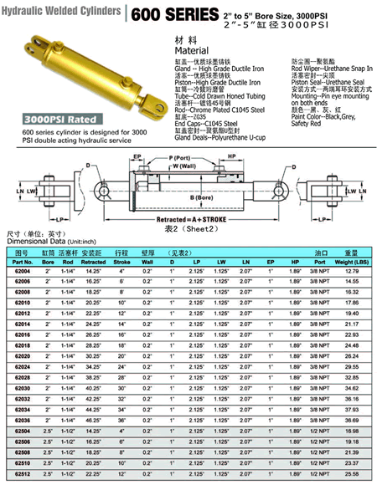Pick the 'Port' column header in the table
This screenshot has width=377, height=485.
coord(321,260)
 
